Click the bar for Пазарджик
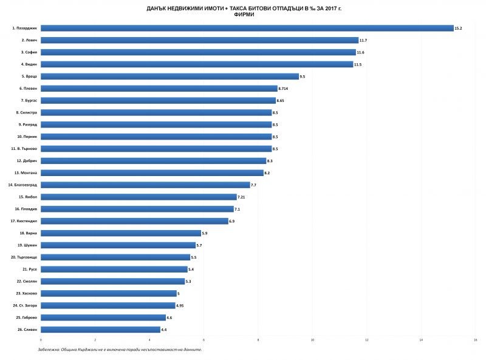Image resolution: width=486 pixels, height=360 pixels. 247,28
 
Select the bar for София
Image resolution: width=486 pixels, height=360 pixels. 198,52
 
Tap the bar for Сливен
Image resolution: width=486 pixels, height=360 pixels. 100,330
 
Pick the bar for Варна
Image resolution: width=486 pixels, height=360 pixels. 121,233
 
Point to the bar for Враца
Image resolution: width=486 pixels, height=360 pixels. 169,76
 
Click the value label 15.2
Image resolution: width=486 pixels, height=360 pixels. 458,29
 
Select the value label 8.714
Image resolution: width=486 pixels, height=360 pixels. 284,89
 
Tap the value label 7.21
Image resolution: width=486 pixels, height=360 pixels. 242,197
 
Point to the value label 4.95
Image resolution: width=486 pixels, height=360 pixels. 180,305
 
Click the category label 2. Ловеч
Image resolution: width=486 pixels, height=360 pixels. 28,40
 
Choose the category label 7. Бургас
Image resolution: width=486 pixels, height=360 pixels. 28,101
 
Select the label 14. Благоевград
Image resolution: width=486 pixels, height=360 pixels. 23,185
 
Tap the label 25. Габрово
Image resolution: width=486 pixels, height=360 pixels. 26,318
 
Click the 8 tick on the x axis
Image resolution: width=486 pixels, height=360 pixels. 258,340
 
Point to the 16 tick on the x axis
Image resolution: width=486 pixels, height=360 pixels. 475,340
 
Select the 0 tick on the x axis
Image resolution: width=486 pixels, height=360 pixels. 41,340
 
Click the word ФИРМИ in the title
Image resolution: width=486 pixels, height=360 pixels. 244,14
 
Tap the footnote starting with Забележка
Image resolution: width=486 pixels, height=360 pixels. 119,350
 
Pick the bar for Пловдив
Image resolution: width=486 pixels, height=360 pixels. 137,209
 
